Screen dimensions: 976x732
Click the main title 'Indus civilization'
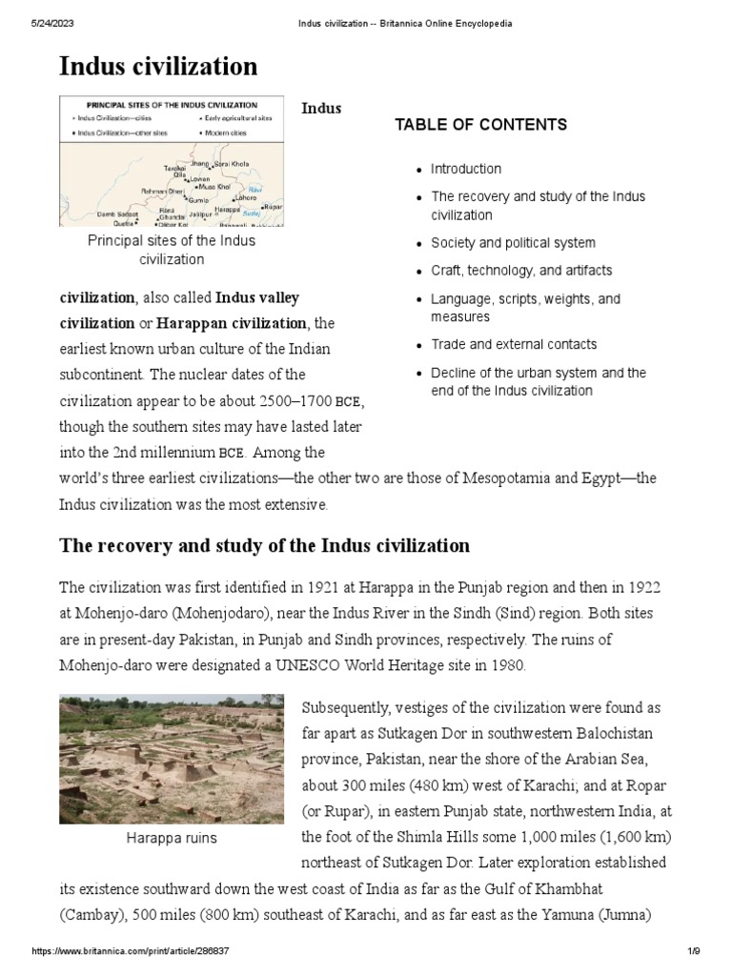click(x=158, y=66)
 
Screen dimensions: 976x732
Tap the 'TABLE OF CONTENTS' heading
click(x=480, y=125)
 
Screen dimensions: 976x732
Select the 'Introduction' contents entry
click(x=465, y=169)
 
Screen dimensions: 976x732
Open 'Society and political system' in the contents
click(x=513, y=243)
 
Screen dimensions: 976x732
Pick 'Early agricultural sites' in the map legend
click(x=238, y=118)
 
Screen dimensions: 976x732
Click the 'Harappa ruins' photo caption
click(x=172, y=838)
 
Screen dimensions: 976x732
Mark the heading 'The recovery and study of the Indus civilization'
click(x=264, y=546)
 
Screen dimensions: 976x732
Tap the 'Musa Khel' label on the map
click(x=213, y=188)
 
